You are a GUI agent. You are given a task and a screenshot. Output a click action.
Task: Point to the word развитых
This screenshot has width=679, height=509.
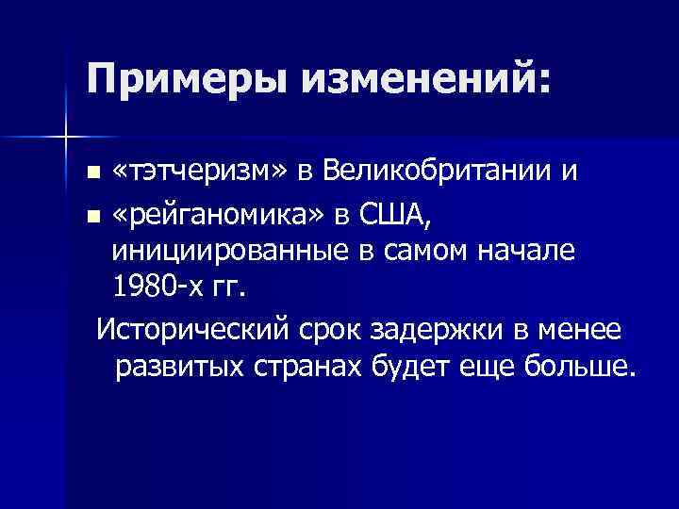[180, 365]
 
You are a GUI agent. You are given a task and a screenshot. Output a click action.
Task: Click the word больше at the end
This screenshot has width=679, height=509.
[581, 365]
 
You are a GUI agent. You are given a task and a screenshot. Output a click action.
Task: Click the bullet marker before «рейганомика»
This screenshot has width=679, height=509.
[91, 216]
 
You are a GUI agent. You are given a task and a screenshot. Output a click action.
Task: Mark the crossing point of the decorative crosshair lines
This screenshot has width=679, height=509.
[66, 138]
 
